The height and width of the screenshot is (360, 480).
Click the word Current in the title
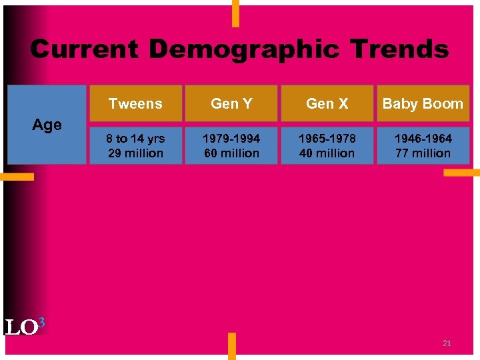coord(84,49)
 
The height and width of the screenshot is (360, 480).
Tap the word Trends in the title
coord(399,49)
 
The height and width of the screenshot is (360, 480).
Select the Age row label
coord(47,125)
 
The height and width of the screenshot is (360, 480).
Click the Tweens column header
coord(135,103)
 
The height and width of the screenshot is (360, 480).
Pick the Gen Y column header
coord(231,103)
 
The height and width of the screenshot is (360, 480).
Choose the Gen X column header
coord(327,103)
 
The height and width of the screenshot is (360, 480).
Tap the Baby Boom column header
coord(423,103)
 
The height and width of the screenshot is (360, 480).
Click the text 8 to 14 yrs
coord(135,139)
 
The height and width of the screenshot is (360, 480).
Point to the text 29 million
coord(135,153)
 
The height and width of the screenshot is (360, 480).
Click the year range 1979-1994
coord(231,139)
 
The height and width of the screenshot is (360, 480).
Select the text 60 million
coord(231,153)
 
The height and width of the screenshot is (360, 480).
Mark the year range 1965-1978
coord(327,139)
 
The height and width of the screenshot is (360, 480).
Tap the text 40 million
coord(327,153)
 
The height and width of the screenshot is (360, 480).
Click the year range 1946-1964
coord(423,139)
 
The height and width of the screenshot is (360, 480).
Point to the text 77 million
coord(423,153)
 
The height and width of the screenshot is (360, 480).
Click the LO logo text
coord(20,328)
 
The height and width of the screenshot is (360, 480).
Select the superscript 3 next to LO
coord(41,323)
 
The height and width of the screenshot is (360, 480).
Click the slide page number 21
coord(447,343)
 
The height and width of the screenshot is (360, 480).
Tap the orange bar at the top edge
coord(235,13)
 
